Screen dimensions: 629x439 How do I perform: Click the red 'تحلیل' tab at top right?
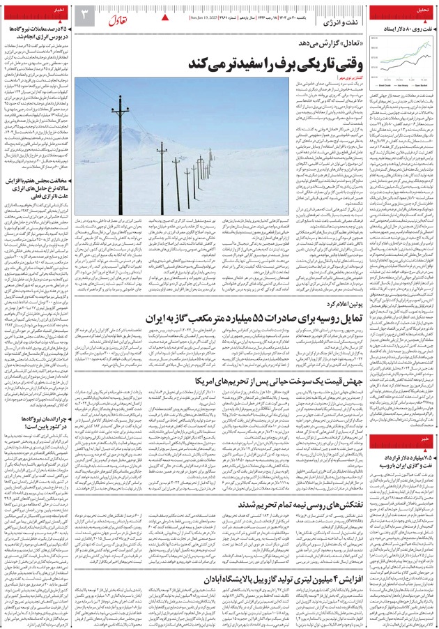(x=421, y=10)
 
